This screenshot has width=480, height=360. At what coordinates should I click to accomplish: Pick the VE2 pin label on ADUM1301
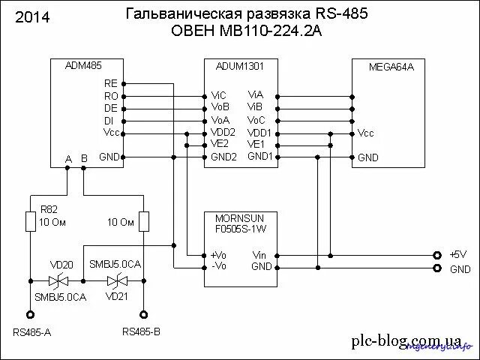pyautogui.click(x=220, y=144)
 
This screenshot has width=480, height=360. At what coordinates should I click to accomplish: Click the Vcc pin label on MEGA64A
pyautogui.click(x=366, y=133)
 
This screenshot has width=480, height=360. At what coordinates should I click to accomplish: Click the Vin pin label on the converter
pyautogui.click(x=260, y=255)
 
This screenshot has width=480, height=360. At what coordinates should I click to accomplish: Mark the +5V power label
pyautogui.click(x=457, y=254)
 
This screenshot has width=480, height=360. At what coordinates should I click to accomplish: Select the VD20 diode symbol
pyautogui.click(x=58, y=280)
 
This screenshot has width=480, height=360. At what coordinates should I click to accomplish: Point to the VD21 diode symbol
pyautogui.click(x=115, y=280)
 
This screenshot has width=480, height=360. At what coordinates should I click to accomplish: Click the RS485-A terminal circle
pyautogui.click(x=30, y=315)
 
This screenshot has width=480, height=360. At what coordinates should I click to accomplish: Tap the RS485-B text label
pyautogui.click(x=142, y=331)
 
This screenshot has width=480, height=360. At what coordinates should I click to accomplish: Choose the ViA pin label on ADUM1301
pyautogui.click(x=256, y=95)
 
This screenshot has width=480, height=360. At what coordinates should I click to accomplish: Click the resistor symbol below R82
pyautogui.click(x=30, y=221)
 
